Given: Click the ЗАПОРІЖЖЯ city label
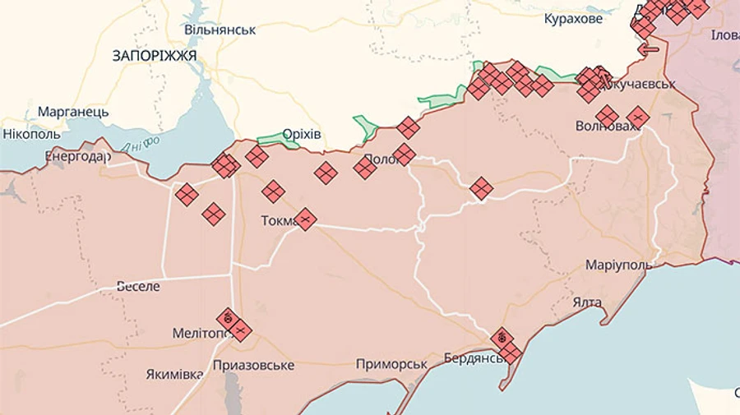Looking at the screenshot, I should tap(155, 56).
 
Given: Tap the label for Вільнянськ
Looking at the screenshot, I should tap(220, 30).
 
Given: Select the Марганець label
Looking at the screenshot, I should tap(73, 111).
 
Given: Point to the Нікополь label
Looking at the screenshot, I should tap(31, 133).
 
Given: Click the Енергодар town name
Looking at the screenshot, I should tap(77, 155).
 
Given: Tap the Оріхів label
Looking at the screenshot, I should tap(302, 134).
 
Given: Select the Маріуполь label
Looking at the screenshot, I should tap(618, 265).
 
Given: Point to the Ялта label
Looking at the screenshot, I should tap(587, 302).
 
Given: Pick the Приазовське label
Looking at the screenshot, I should tap(253, 365).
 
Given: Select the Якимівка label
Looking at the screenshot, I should tap(174, 375).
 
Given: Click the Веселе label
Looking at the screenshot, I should tap(138, 287).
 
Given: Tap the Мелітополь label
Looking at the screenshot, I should tap(201, 334).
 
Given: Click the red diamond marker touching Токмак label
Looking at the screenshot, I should tap(305, 219).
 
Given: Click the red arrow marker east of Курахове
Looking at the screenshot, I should tap(649, 48).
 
